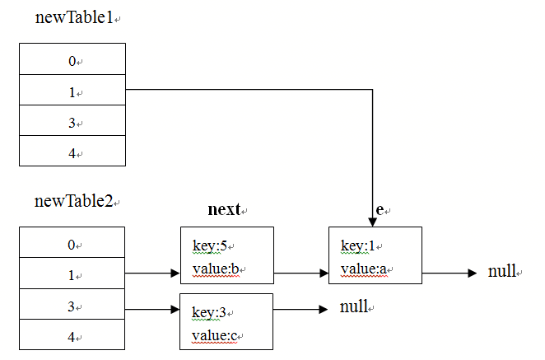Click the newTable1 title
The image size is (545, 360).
[74, 17]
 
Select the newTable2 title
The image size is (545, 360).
[74, 201]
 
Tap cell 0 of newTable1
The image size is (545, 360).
[72, 58]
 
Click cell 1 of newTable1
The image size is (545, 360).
[72, 90]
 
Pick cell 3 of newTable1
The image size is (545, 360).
[72, 120]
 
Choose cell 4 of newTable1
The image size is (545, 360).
[72, 151]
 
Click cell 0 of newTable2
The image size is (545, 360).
[72, 242]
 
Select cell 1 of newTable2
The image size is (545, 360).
[72, 273]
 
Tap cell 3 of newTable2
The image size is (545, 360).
[72, 304]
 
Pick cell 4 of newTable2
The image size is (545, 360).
[72, 334]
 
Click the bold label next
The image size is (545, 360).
[224, 209]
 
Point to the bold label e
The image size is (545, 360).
[380, 210]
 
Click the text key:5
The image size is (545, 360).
[210, 246]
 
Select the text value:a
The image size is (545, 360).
[364, 269]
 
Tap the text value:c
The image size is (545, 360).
[214, 335]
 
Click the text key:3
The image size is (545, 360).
[208, 313]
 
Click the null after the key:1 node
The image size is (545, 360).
[502, 271]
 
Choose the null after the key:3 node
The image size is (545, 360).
[354, 306]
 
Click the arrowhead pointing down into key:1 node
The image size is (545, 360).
[373, 222]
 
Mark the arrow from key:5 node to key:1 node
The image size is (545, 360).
[301, 274]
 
